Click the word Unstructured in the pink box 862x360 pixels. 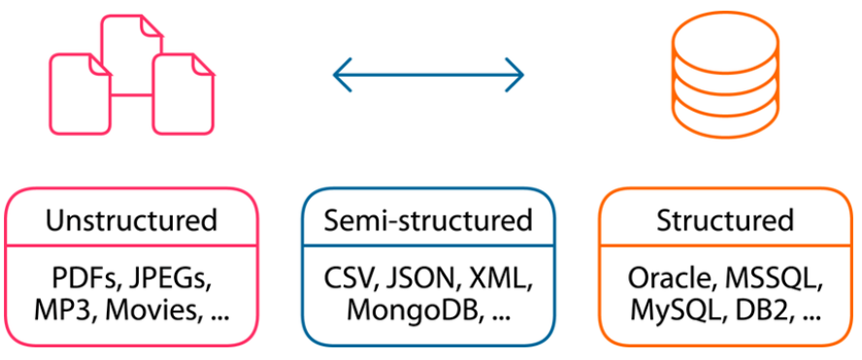131,220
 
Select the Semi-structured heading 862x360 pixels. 428,220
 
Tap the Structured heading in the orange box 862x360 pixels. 724,220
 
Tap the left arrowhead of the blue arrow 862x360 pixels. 339,74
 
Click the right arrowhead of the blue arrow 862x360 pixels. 517,74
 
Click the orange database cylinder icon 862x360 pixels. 725,77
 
